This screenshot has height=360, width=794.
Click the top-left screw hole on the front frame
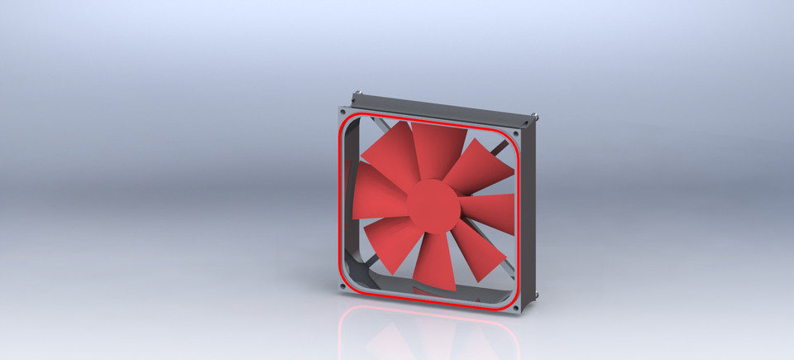tap(343, 110)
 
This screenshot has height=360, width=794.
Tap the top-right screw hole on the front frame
tap(516, 132)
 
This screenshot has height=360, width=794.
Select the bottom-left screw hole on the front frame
tap(342, 286)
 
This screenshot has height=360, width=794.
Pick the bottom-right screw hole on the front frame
tap(516, 308)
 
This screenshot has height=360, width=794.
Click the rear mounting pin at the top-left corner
tap(358, 94)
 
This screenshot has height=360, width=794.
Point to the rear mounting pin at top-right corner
tap(537, 116)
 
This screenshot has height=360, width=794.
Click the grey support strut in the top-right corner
tap(500, 148)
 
